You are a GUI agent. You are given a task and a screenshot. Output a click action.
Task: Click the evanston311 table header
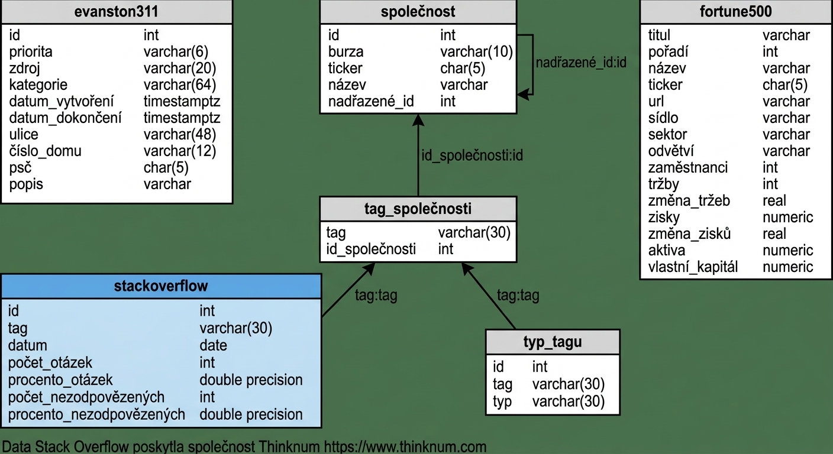(x=117, y=11)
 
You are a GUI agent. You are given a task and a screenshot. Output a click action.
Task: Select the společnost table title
(x=418, y=11)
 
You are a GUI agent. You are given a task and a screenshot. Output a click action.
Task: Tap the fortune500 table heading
(x=735, y=11)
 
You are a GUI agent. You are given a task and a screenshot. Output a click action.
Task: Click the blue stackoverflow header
(x=161, y=286)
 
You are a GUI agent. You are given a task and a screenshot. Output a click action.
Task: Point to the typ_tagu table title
(x=553, y=342)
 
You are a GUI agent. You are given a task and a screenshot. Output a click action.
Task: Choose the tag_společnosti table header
(x=418, y=209)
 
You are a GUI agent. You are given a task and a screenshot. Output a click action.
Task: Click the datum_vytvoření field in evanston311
(x=62, y=102)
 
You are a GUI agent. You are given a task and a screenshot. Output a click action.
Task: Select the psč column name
(x=21, y=167)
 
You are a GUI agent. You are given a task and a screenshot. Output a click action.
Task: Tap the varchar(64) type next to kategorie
(x=180, y=85)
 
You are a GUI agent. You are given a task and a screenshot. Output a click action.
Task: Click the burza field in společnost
(x=346, y=51)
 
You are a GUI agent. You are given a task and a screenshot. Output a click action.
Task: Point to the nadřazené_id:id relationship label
(x=581, y=63)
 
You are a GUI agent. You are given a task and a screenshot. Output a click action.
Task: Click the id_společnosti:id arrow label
(x=472, y=155)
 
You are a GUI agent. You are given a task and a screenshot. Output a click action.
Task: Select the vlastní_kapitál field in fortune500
(x=693, y=267)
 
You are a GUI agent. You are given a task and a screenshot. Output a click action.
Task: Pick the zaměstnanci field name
(x=687, y=167)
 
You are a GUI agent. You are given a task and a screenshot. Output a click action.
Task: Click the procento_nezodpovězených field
(x=96, y=414)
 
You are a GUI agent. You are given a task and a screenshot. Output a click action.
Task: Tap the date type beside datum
(x=213, y=345)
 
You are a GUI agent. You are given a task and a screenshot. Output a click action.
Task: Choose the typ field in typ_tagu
(x=502, y=401)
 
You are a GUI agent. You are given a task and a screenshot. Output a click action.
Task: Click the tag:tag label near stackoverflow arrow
(x=376, y=296)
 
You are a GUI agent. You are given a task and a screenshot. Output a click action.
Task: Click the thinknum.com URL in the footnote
(x=405, y=446)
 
